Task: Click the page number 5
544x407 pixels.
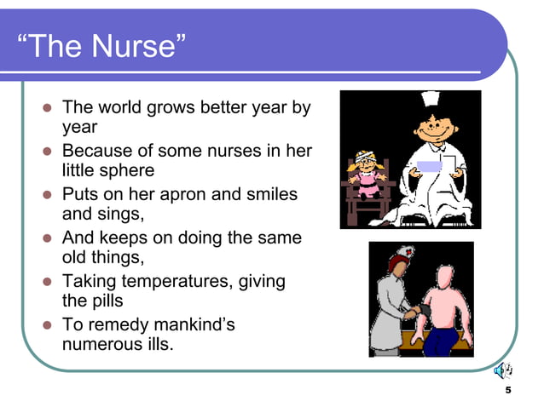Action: (508, 390)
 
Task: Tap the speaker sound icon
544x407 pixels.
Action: (504, 370)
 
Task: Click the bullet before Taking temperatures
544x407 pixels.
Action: (47, 282)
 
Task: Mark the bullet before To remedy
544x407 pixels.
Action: (47, 325)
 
